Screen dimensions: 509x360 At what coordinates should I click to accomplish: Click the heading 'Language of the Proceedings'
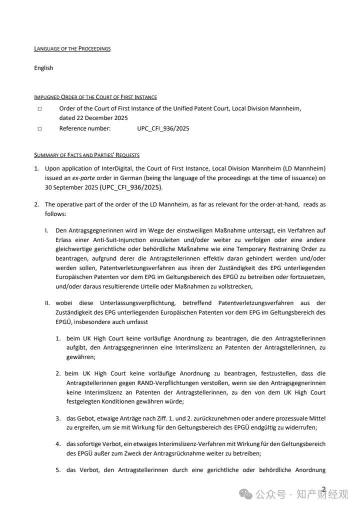(x=72, y=48)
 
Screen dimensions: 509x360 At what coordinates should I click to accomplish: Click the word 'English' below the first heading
(x=43, y=68)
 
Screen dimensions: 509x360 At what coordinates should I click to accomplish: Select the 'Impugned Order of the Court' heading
(x=95, y=97)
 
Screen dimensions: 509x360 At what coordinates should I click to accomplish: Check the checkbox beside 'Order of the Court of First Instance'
(x=39, y=108)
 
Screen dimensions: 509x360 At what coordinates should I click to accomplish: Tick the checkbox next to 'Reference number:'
(x=39, y=128)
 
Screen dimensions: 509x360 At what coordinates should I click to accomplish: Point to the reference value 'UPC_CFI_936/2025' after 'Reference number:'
(x=163, y=128)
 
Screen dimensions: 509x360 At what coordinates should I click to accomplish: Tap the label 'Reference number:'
(x=84, y=128)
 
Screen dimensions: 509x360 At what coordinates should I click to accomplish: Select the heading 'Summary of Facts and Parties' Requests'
(x=86, y=155)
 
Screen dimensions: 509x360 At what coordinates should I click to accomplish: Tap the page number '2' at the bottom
(x=324, y=489)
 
